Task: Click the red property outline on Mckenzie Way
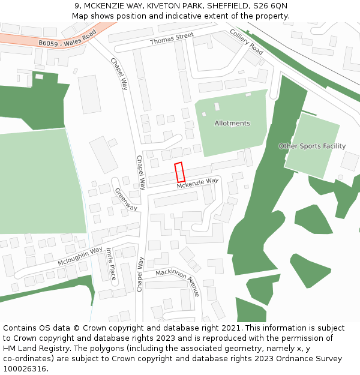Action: click(179, 172)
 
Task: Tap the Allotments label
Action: click(232, 124)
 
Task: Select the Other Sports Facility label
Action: click(312, 146)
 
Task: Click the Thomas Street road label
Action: click(172, 40)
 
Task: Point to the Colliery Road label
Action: click(247, 42)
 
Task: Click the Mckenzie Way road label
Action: click(197, 184)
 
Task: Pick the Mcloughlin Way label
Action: click(80, 256)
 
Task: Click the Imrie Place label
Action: click(110, 265)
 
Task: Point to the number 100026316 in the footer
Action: click(25, 368)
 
